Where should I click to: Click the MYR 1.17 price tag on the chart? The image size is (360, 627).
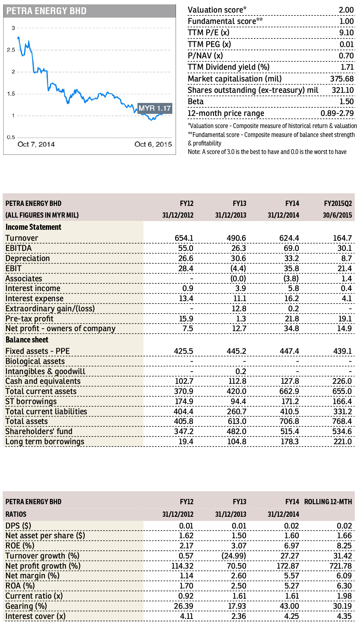(x=154, y=108)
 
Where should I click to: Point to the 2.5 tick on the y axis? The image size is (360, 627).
(x=11, y=50)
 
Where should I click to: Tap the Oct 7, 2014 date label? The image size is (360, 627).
(x=36, y=144)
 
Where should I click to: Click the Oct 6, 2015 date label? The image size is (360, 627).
(x=153, y=144)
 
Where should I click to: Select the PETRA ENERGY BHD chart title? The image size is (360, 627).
(x=47, y=11)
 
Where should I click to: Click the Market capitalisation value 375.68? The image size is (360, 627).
(x=342, y=79)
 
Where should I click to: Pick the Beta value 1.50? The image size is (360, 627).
(x=347, y=101)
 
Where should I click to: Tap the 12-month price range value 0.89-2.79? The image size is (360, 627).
(x=337, y=113)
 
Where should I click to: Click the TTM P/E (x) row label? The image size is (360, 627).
(x=208, y=33)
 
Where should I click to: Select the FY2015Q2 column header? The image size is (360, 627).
(x=338, y=203)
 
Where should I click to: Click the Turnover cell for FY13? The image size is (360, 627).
(x=236, y=238)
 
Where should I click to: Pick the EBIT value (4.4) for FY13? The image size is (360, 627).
(x=238, y=268)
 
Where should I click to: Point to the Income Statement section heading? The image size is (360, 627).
(x=33, y=227)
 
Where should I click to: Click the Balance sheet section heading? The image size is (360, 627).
(x=27, y=340)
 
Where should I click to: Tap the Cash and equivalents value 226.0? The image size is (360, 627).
(x=342, y=381)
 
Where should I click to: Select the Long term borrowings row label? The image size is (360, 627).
(x=45, y=442)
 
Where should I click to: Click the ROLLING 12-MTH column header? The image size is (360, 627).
(x=328, y=502)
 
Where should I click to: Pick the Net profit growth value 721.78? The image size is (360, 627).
(x=341, y=566)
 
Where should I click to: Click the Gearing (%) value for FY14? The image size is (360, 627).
(x=289, y=606)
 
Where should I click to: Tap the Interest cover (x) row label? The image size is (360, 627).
(x=36, y=616)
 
